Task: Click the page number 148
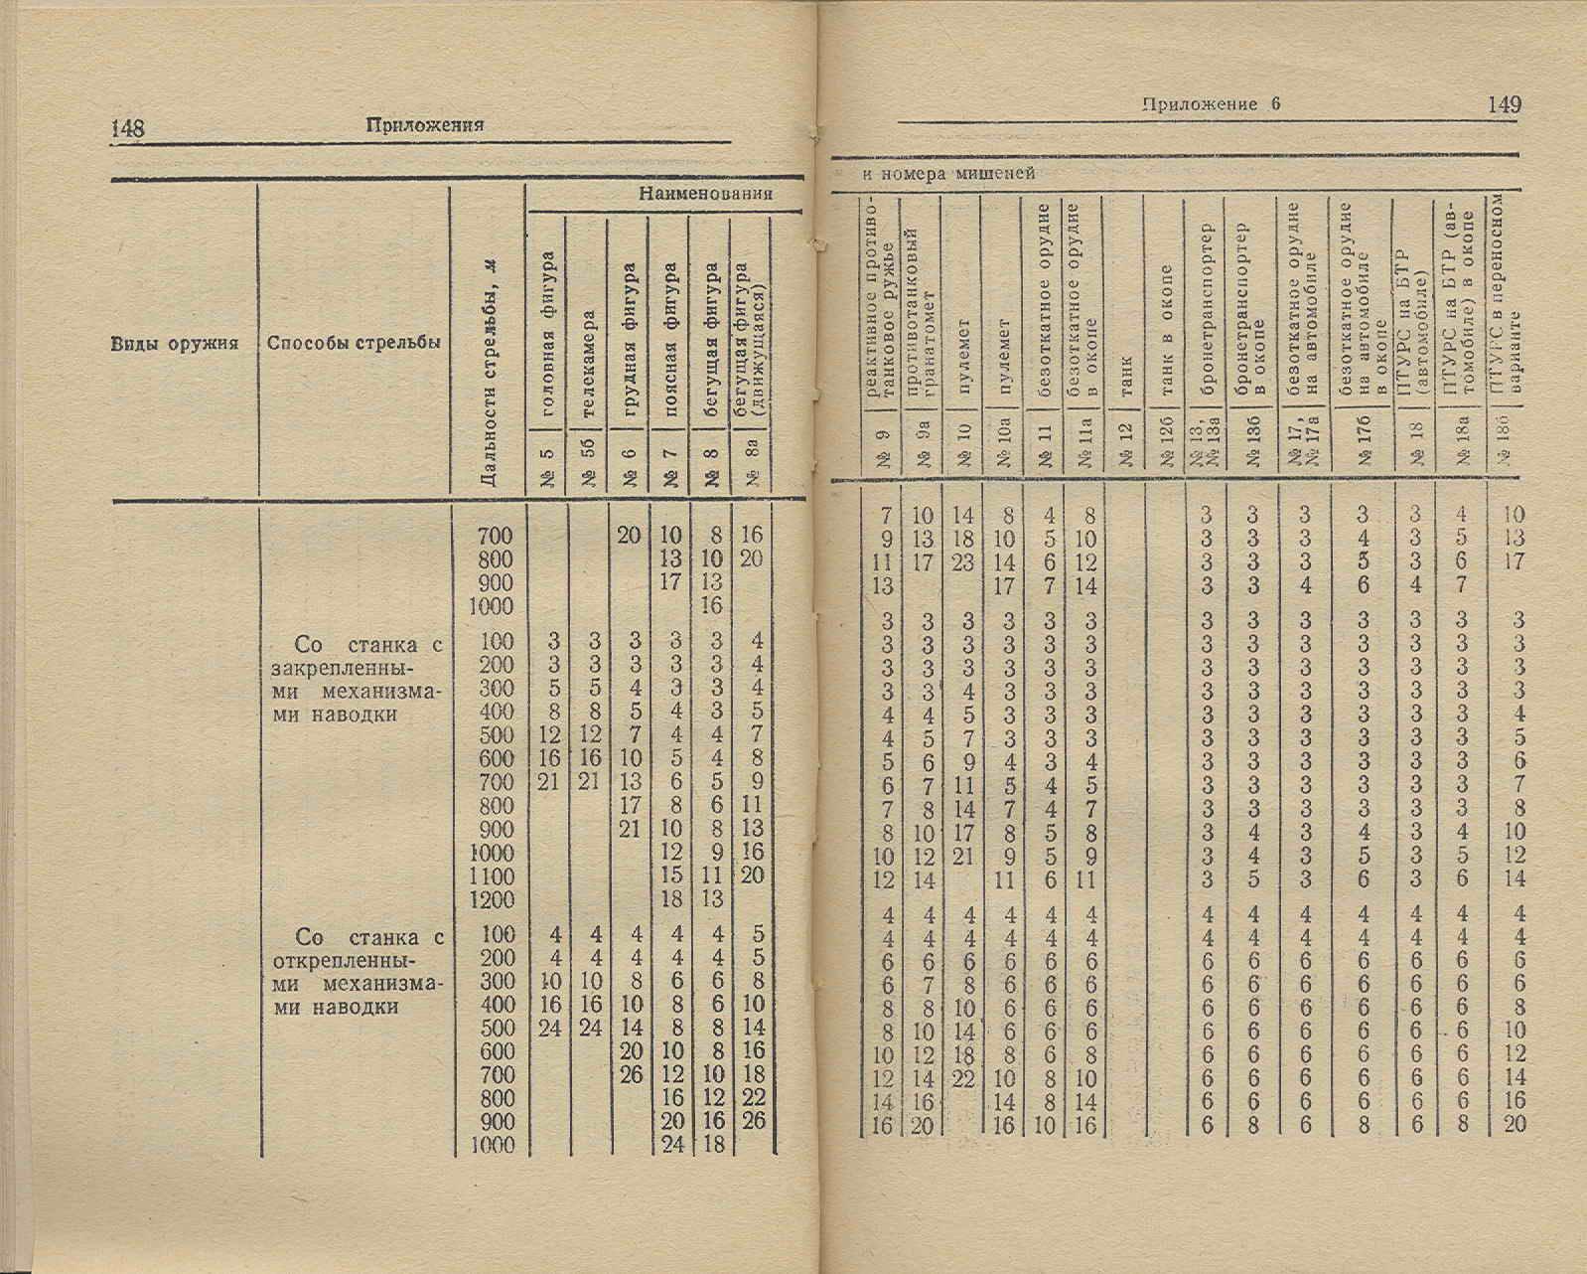pos(128,128)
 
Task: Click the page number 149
pos(1505,104)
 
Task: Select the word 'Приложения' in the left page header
pos(424,125)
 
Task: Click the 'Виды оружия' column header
pos(175,344)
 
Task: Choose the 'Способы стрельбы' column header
pos(354,344)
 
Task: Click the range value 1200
pos(494,900)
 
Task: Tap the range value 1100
pos(494,876)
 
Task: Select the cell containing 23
pos(962,561)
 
